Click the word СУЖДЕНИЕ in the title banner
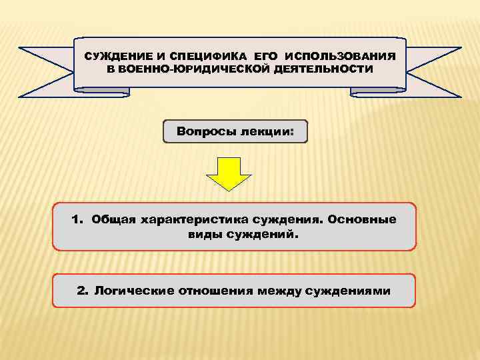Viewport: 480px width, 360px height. coord(114,58)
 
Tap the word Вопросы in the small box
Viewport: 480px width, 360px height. coord(203,131)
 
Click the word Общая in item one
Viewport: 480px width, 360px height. coord(113,219)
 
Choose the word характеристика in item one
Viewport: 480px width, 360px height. coord(191,219)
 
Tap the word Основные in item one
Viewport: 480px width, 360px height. coord(365,219)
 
